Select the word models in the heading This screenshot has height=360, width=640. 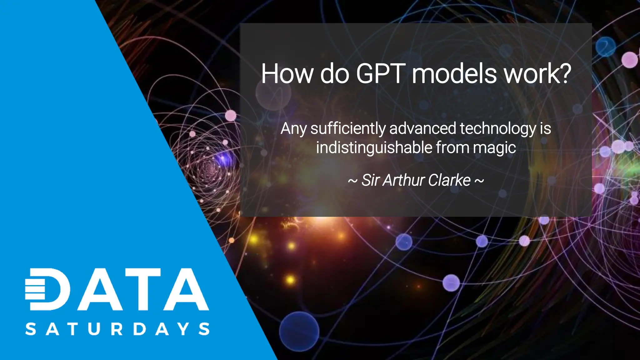[454, 74]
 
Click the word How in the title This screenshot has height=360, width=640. [287, 74]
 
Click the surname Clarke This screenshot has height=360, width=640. [449, 180]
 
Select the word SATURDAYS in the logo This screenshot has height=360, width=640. [117, 329]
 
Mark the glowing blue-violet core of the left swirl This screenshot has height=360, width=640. [224, 159]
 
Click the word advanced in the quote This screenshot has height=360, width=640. [423, 129]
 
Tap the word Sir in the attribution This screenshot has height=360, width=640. [371, 180]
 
